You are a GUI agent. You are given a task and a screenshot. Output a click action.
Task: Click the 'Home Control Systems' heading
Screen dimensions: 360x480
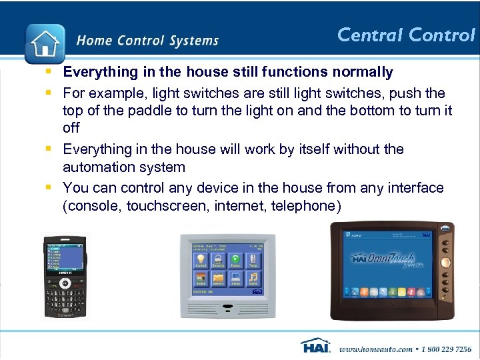point(147,41)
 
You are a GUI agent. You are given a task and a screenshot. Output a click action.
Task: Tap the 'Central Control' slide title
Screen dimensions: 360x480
point(405,35)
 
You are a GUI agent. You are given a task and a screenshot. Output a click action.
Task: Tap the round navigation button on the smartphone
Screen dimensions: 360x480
point(65,283)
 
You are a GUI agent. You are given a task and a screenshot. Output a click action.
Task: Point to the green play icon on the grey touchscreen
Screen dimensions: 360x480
point(235,259)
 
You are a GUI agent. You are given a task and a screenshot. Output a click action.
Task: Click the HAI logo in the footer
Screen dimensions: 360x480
point(315,347)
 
